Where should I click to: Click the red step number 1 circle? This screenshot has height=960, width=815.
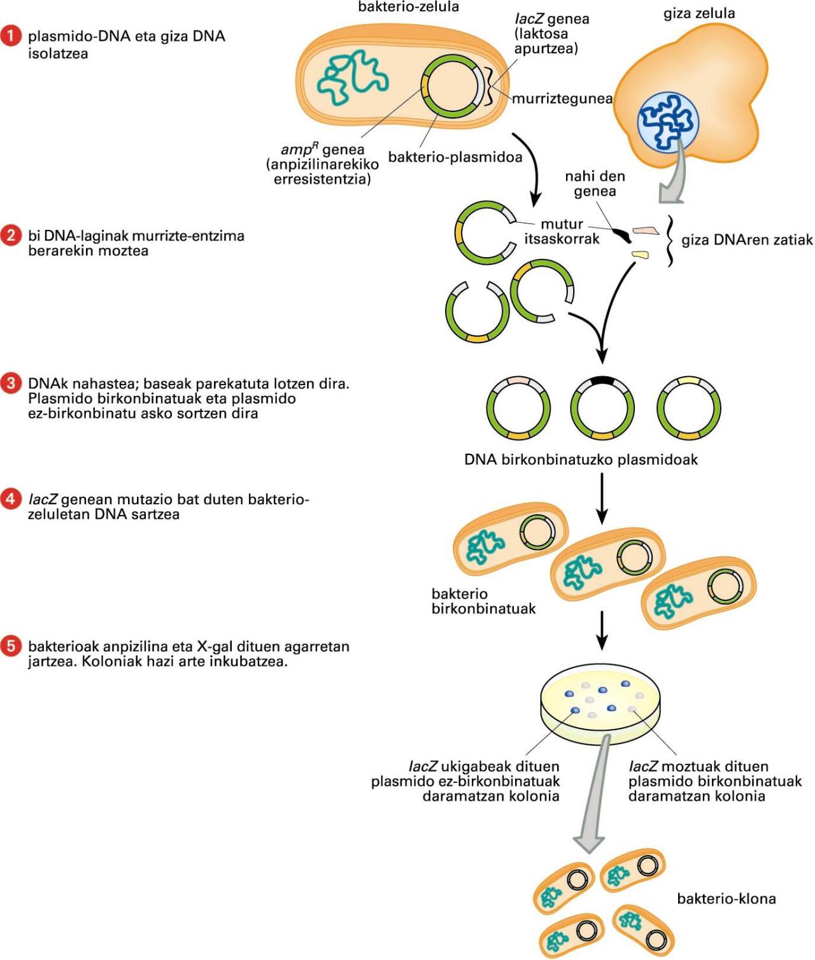tap(11, 36)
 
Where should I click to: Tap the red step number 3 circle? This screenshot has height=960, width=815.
tap(11, 384)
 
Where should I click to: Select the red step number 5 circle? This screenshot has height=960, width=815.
tap(11, 647)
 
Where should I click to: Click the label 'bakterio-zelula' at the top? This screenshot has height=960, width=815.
tap(408, 7)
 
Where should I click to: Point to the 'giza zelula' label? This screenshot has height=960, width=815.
tap(699, 13)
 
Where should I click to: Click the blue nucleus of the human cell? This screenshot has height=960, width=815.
tap(668, 122)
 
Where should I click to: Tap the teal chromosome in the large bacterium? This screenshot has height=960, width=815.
tap(353, 78)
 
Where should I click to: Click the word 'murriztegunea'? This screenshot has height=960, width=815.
tap(562, 99)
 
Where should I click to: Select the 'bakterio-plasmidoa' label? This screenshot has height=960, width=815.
tap(455, 157)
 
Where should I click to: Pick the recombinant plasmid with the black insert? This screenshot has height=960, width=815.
tap(602, 407)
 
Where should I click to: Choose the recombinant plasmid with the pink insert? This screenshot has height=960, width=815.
tap(518, 407)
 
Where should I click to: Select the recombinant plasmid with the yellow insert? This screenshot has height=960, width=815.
tap(689, 407)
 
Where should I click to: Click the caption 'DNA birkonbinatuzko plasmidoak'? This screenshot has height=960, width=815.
tap(581, 460)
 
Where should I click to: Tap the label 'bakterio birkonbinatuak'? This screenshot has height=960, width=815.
tap(483, 601)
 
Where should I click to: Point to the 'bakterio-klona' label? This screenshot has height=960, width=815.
tap(726, 899)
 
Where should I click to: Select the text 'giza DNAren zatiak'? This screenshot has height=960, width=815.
tap(747, 240)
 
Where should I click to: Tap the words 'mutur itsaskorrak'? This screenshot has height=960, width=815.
tap(562, 232)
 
